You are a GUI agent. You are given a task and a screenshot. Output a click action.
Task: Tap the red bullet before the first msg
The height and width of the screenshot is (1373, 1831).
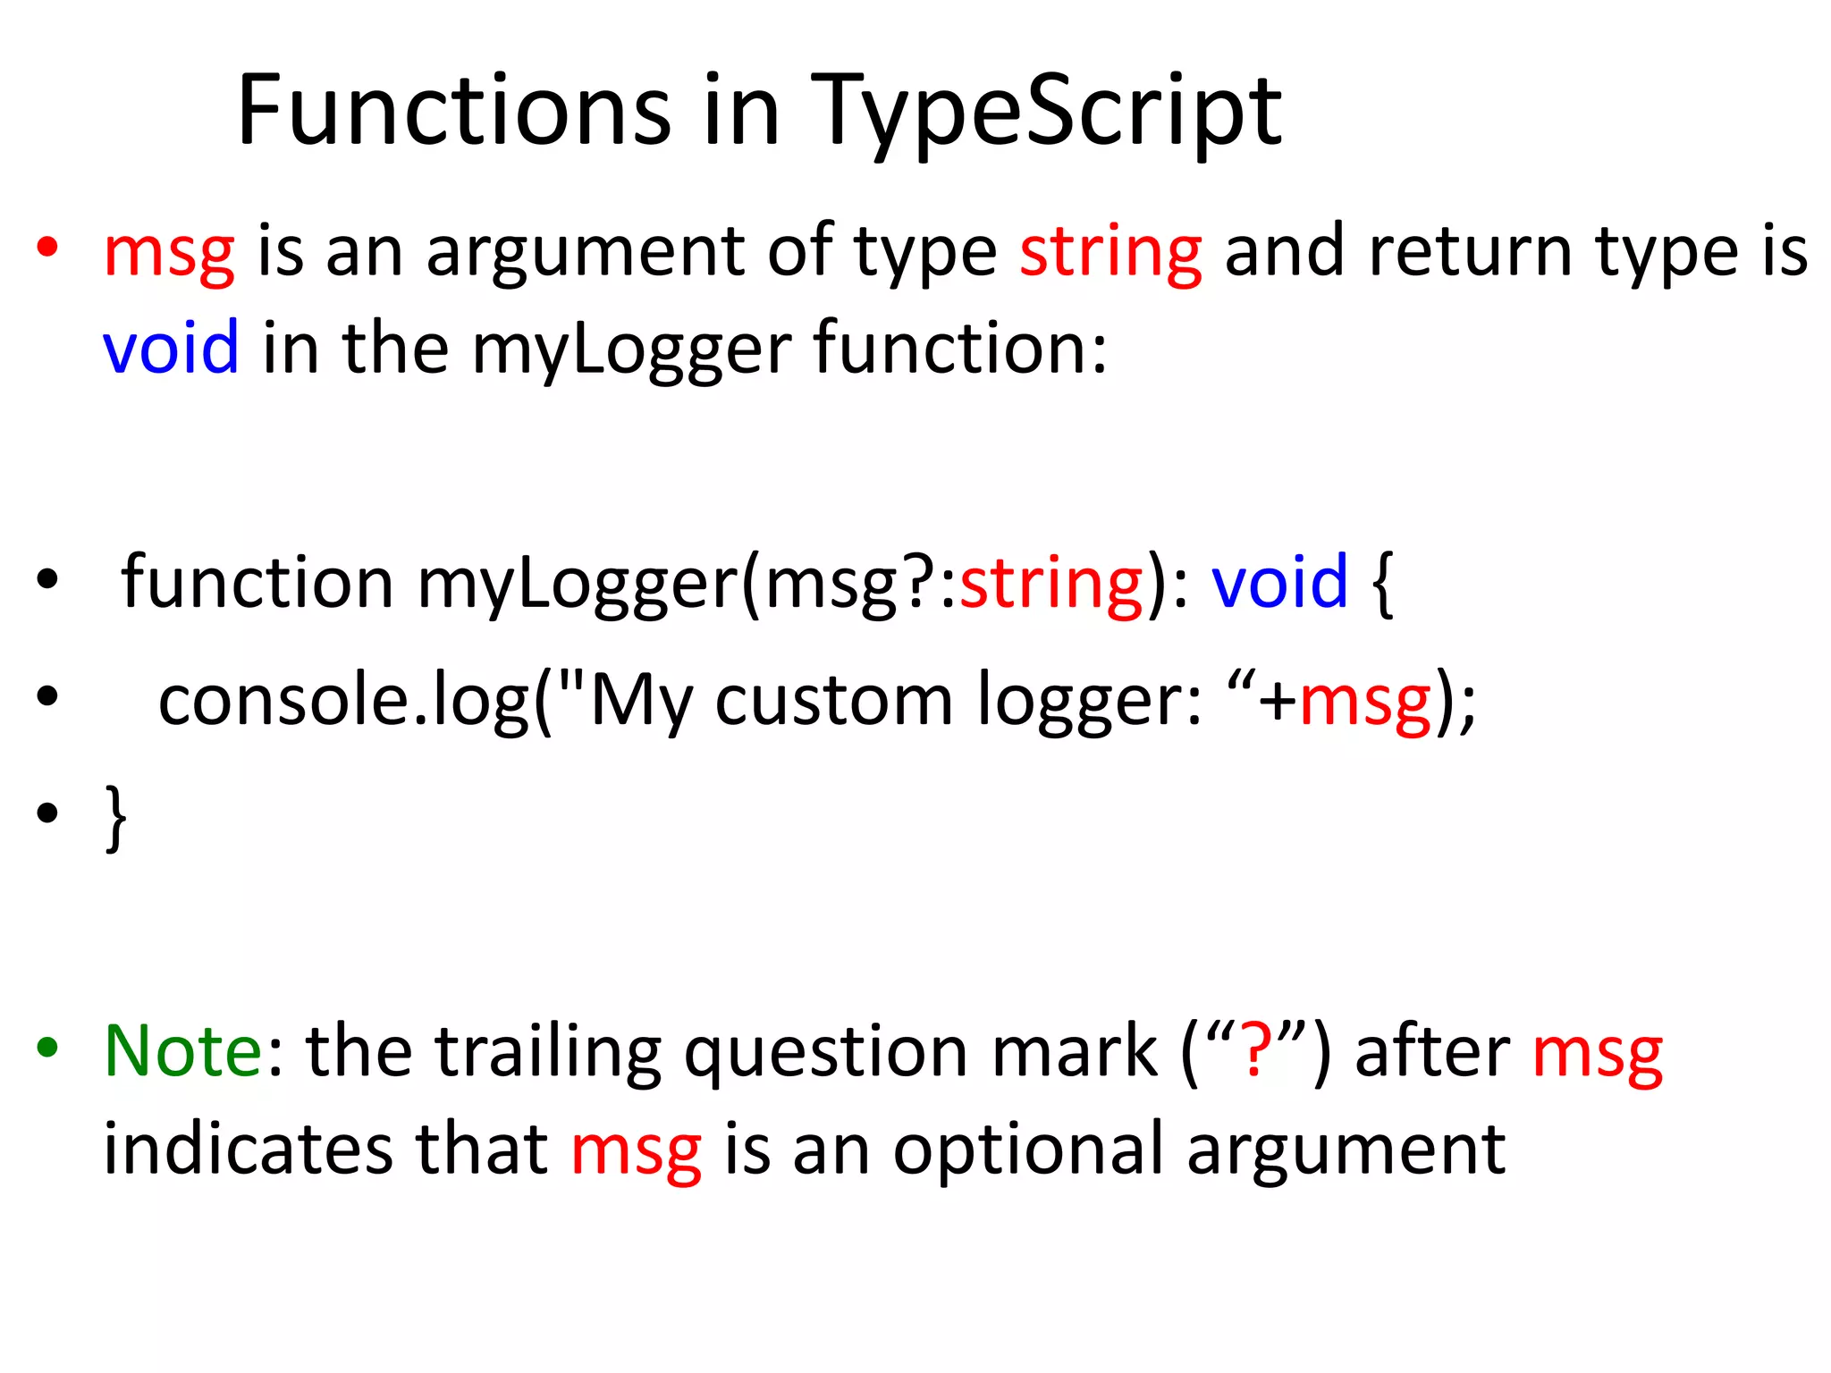[x=47, y=246]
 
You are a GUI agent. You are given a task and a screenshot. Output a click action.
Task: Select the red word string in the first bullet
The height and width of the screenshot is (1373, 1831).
[x=1110, y=253]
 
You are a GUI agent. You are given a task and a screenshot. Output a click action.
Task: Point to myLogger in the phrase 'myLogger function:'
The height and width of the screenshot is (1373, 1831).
[x=631, y=349]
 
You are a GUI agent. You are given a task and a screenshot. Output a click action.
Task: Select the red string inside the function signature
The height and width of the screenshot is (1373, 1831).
[x=1051, y=584]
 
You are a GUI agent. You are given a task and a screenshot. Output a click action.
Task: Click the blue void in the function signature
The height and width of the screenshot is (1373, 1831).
[x=1279, y=582]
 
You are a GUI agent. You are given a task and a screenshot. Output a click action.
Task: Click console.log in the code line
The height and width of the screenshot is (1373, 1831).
[x=344, y=700]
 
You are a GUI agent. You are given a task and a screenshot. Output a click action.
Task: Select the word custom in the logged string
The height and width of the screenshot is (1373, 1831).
[x=834, y=700]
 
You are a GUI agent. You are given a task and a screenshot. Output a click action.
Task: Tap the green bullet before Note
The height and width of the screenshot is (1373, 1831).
[x=47, y=1046]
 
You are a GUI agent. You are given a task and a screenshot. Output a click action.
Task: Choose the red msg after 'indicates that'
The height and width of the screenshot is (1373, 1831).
[x=636, y=1151]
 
